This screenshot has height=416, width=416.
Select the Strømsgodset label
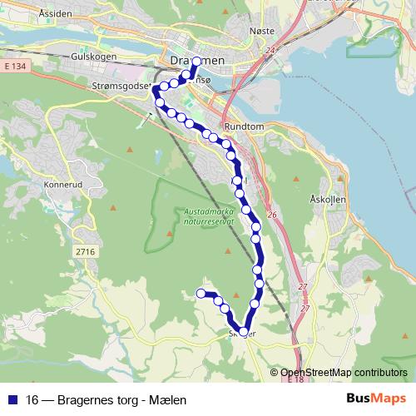(x=118, y=85)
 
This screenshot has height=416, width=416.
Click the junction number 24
(x=270, y=50)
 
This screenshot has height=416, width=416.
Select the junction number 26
(x=270, y=215)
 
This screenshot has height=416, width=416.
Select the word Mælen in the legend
(x=166, y=399)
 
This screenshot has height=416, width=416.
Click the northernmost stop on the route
(x=197, y=62)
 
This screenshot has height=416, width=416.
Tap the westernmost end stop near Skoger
(x=201, y=292)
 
